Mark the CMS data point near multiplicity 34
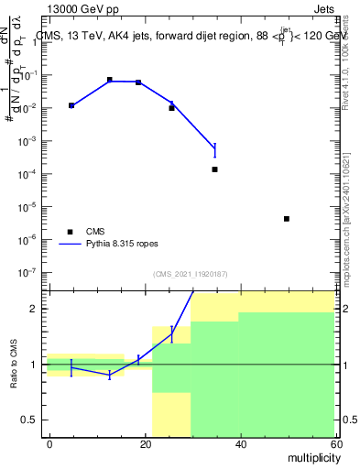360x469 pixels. (x=214, y=169)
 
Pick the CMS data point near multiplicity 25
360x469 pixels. (x=171, y=108)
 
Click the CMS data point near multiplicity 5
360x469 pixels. (x=71, y=106)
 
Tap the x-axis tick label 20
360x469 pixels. (x=144, y=443)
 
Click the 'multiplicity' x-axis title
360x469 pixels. (x=311, y=456)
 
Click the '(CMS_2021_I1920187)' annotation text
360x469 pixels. (x=191, y=274)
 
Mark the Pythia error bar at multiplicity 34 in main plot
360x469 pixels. (x=214, y=149)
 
